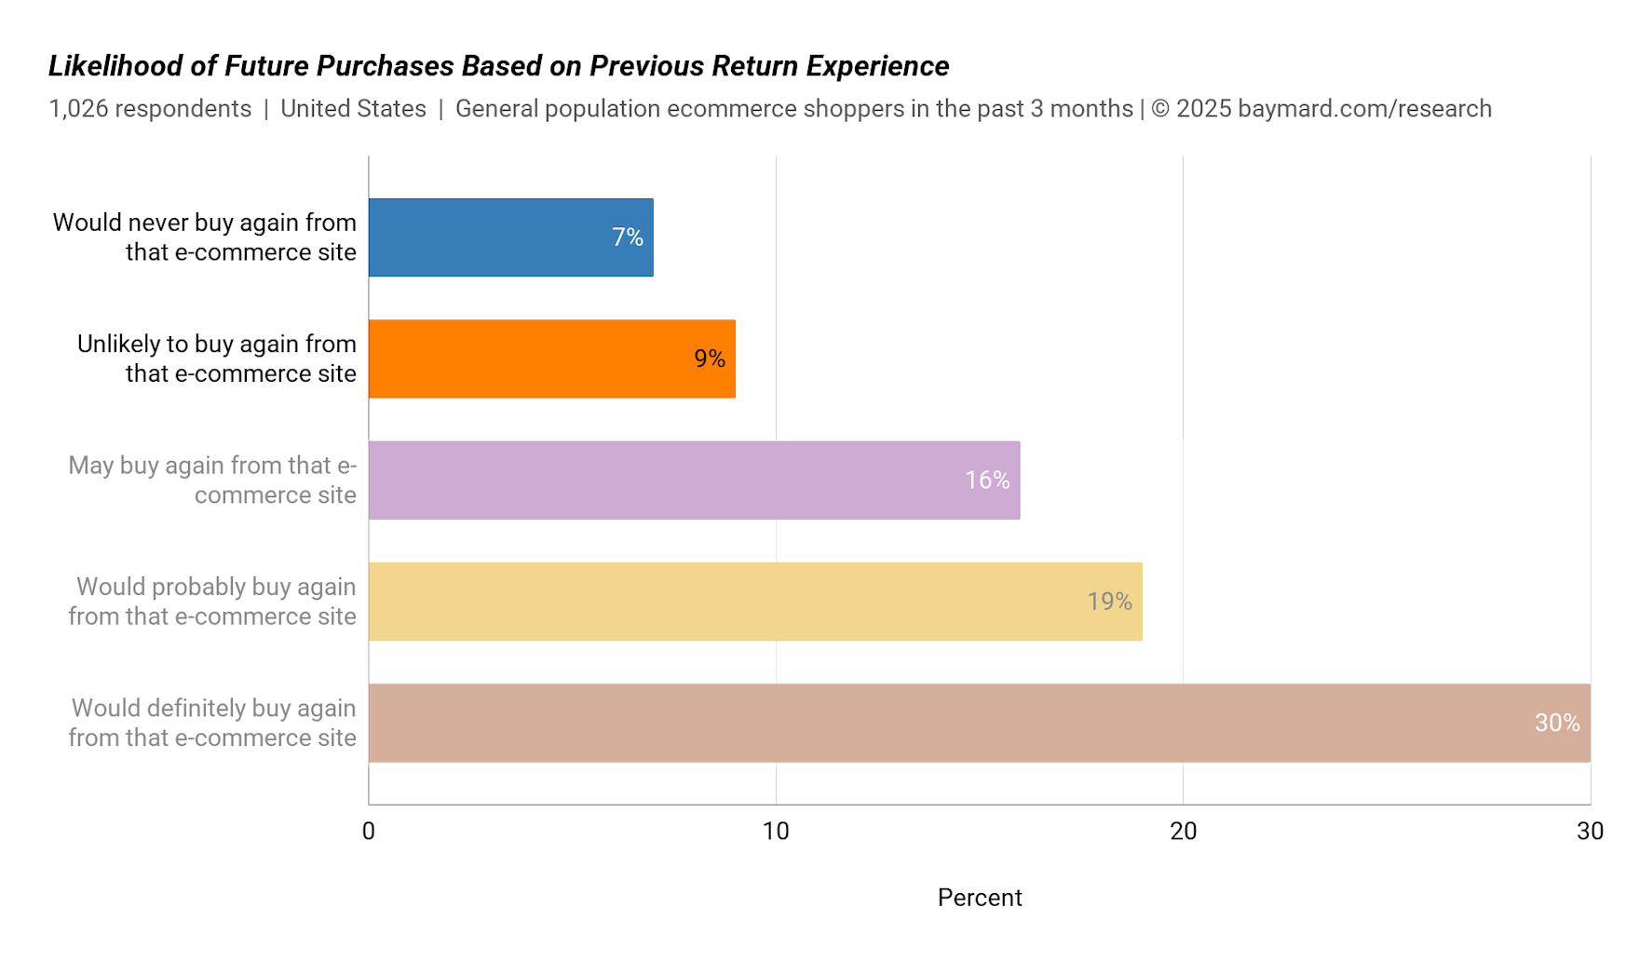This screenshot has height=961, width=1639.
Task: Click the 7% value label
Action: pos(628,237)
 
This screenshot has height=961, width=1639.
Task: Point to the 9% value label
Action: pos(710,359)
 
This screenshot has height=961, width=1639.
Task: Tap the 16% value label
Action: pos(987,480)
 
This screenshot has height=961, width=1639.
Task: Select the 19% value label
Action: pos(1109,602)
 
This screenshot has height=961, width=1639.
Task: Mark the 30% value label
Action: pos(1557,723)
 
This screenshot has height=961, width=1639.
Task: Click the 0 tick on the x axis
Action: pos(369,832)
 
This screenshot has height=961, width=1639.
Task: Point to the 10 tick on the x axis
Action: pos(776,832)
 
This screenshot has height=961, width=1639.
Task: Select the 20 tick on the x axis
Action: pos(1183,832)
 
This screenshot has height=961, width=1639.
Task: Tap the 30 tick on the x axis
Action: pos(1590,832)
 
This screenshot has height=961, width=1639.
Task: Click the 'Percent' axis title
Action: pos(980,898)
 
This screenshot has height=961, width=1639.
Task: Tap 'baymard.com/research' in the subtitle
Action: pos(1364,109)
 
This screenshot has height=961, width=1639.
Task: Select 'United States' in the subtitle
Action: pos(353,109)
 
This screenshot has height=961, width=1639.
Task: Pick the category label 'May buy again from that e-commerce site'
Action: pos(212,480)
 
